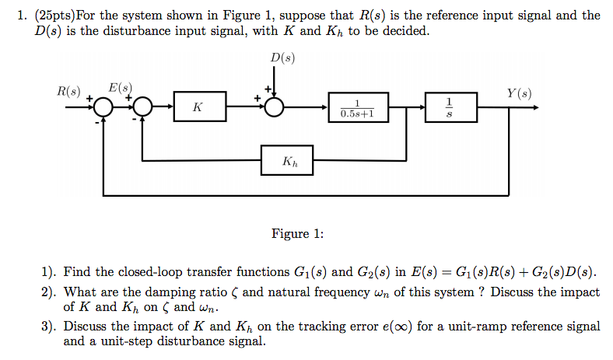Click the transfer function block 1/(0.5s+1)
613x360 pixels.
[x=357, y=107]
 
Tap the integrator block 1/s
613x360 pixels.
[x=449, y=107]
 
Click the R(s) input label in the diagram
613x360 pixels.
[x=68, y=90]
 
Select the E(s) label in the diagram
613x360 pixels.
[x=121, y=88]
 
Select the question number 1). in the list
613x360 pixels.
[x=50, y=272]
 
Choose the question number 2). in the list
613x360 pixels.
[x=50, y=292]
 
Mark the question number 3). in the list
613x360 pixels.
[x=50, y=327]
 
